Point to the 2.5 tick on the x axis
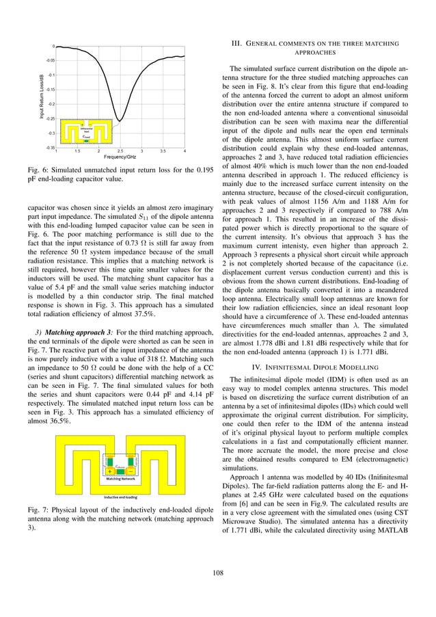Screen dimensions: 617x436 (120, 150)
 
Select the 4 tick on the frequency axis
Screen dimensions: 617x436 (185, 150)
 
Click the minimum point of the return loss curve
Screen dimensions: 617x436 (120, 121)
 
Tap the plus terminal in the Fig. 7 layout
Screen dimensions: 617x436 (111, 471)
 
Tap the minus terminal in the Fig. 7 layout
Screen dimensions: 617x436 (130, 471)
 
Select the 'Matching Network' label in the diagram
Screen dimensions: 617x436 (120, 481)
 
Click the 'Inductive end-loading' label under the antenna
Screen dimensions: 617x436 (120, 497)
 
